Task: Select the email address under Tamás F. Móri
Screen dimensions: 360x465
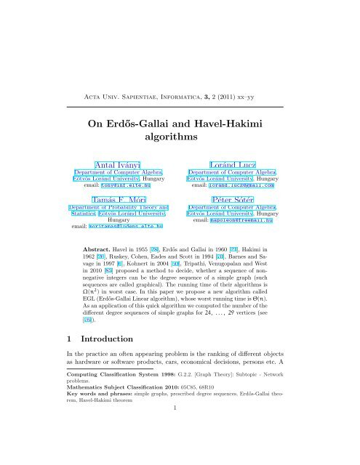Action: tap(127, 228)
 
